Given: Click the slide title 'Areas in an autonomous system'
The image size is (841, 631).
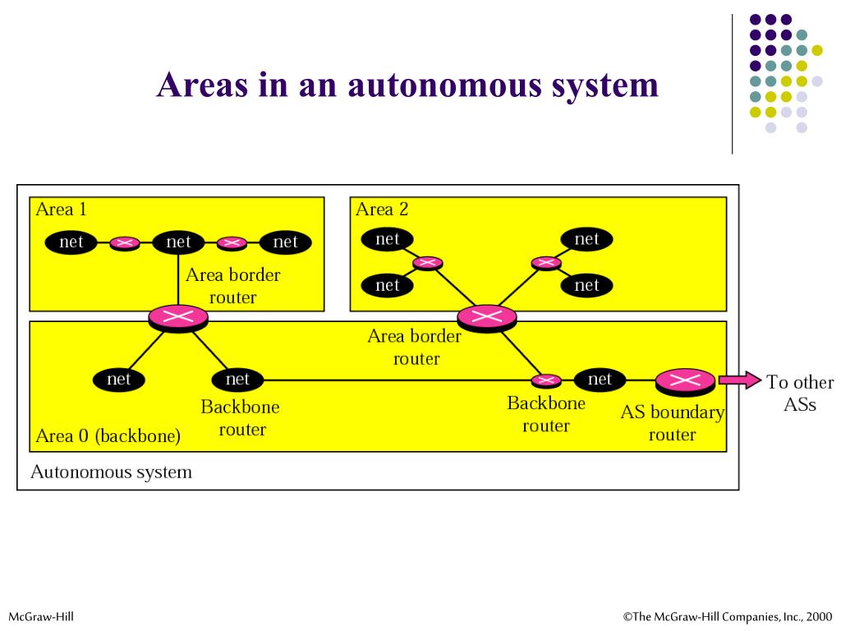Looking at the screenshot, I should pyautogui.click(x=407, y=85).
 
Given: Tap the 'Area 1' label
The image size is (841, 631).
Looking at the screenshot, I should pyautogui.click(x=61, y=209).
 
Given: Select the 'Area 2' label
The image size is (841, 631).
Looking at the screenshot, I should pyautogui.click(x=382, y=209).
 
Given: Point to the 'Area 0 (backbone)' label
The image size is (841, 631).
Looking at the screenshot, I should pyautogui.click(x=108, y=435).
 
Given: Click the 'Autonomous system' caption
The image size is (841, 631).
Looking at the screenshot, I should pyautogui.click(x=111, y=472).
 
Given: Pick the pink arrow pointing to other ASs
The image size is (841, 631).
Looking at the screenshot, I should pyautogui.click(x=739, y=380).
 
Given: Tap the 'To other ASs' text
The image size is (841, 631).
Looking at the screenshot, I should pyautogui.click(x=799, y=393).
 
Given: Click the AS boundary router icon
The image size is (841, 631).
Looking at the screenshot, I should pyautogui.click(x=685, y=380).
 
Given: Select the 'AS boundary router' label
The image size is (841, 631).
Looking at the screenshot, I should pyautogui.click(x=672, y=423).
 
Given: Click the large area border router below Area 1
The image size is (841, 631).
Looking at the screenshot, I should pyautogui.click(x=177, y=316).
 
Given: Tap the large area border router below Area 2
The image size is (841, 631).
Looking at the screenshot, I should pyautogui.click(x=487, y=316).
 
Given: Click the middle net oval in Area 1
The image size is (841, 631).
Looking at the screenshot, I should pyautogui.click(x=178, y=242).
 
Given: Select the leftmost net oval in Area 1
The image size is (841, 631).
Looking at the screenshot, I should pyautogui.click(x=71, y=242).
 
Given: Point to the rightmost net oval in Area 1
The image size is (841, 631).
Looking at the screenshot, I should pyautogui.click(x=285, y=242).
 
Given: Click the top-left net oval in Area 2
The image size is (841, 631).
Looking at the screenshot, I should pyautogui.click(x=387, y=239).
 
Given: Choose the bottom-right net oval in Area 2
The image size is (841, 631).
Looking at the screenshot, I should pyautogui.click(x=586, y=285).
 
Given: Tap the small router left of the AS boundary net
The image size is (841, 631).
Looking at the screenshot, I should pyautogui.click(x=546, y=380).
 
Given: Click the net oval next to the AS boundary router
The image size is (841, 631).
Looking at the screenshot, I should pyautogui.click(x=600, y=379).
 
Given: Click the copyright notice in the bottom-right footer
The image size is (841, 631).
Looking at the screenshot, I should pyautogui.click(x=727, y=616).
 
